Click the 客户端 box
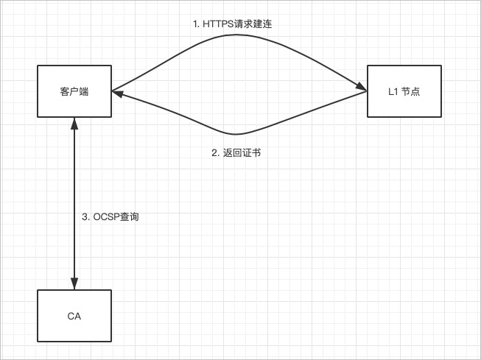point(74,91)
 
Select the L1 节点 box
point(404,91)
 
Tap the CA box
point(74,316)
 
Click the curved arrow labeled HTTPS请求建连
point(236,34)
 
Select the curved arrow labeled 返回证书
point(236,134)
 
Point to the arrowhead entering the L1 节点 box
point(362,89)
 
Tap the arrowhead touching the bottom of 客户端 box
point(74,123)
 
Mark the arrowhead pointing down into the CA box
point(74,283)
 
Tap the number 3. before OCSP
point(85,217)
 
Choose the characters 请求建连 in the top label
point(256,24)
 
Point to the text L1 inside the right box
point(393,92)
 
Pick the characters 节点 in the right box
point(410,92)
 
